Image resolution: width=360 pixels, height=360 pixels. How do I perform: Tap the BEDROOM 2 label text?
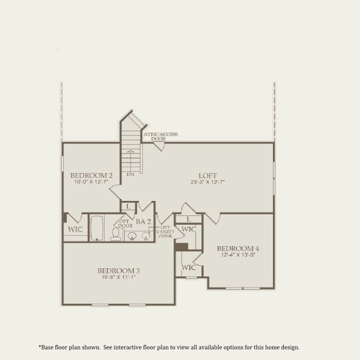click(92, 176)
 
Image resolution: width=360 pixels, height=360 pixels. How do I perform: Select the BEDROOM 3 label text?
click(119, 271)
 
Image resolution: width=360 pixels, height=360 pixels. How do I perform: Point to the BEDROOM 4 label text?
click(238, 248)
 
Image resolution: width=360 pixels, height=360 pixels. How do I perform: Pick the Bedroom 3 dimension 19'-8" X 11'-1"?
click(119, 278)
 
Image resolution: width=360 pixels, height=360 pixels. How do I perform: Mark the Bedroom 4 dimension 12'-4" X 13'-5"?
click(238, 256)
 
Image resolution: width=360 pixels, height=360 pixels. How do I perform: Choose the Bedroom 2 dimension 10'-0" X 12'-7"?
click(92, 182)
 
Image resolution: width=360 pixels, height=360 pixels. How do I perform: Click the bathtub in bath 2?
click(97, 228)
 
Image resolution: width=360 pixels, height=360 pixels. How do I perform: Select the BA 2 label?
click(143, 221)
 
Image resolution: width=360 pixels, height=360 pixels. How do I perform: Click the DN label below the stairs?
click(130, 175)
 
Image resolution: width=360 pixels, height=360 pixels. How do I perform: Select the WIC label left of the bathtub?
click(75, 229)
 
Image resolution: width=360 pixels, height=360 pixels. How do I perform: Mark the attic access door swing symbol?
click(158, 145)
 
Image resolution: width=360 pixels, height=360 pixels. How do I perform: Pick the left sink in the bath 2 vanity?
click(132, 236)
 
